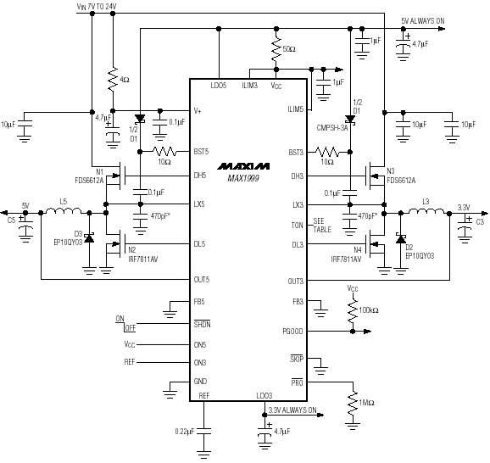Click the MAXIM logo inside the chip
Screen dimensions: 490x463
point(243,166)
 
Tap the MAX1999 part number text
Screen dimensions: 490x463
point(243,178)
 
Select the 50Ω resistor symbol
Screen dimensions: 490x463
point(276,49)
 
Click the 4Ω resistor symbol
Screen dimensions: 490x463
point(113,79)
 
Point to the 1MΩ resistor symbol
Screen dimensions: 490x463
point(353,403)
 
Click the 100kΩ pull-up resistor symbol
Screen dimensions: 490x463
point(353,310)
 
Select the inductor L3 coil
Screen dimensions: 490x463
point(426,211)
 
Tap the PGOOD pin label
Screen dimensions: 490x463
point(292,332)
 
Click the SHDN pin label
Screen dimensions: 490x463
point(202,324)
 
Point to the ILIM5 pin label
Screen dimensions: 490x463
point(295,109)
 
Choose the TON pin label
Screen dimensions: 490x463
point(298,226)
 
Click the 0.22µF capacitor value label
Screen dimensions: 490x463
point(185,432)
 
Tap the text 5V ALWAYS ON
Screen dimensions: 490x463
point(423,21)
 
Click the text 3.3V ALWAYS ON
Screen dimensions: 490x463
point(292,410)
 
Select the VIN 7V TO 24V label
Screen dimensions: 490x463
point(97,7)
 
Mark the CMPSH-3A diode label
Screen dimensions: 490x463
point(332,128)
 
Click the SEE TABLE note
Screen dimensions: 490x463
point(322,226)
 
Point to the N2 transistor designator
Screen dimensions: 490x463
point(132,250)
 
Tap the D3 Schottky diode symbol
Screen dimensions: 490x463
point(89,238)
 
